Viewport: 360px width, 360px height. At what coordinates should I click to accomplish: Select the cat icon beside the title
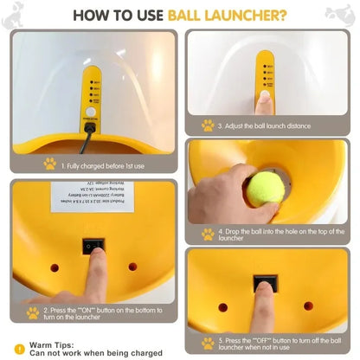(338, 13)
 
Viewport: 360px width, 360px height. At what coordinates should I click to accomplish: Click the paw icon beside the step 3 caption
(208, 125)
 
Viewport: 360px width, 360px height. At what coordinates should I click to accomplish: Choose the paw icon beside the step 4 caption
(208, 234)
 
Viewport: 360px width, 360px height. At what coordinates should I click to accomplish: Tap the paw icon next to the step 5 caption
(208, 344)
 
